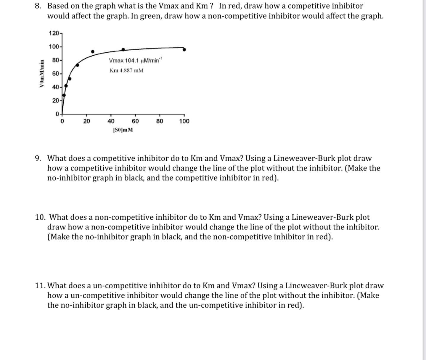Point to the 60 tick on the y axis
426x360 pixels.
coord(55,73)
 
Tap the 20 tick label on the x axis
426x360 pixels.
coord(86,121)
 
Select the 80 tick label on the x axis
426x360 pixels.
coord(160,121)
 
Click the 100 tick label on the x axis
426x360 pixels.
coord(184,121)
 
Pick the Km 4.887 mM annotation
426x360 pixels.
coord(126,70)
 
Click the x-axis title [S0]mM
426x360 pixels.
coord(123,130)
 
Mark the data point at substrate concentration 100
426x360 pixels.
coord(184,50)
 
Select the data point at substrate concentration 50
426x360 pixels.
coord(123,49)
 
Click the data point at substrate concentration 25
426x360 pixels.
coord(93,52)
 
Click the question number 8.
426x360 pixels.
coord(38,6)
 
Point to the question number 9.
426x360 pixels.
coord(38,158)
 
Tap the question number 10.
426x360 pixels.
coord(40,217)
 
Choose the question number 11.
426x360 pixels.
coord(40,286)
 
